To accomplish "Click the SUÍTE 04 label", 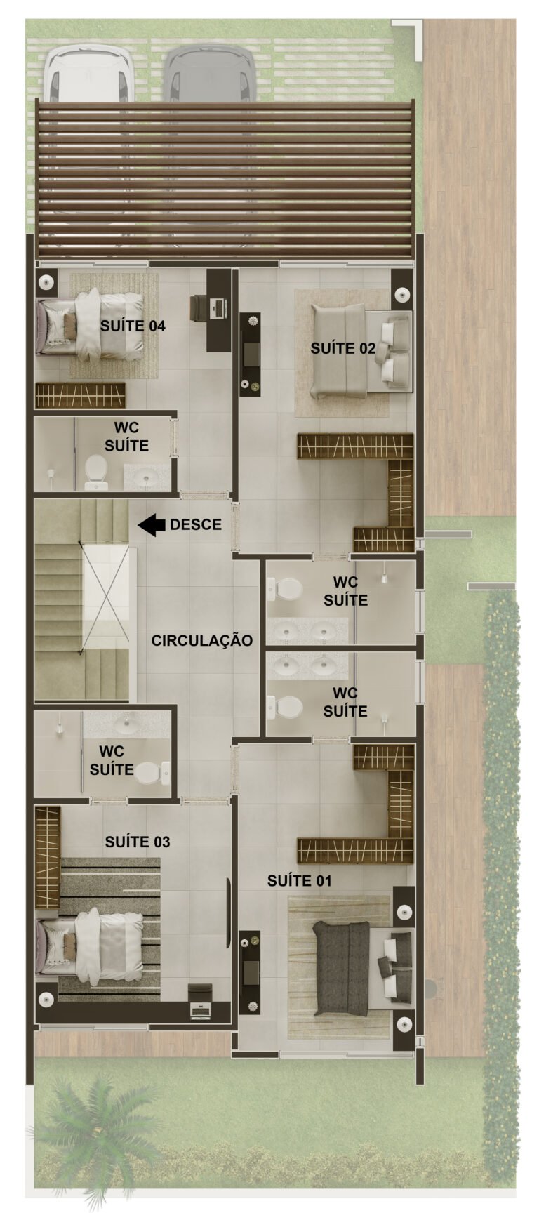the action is click(x=133, y=326).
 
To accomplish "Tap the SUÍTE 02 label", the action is click(x=343, y=348).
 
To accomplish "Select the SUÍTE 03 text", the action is click(x=138, y=842).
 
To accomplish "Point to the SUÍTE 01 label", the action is click(x=300, y=880).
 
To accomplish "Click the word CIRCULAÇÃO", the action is click(x=202, y=640).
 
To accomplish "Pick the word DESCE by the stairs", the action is click(x=196, y=524).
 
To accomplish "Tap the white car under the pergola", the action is click(x=89, y=74).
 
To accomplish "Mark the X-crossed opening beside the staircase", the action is click(x=107, y=597).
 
